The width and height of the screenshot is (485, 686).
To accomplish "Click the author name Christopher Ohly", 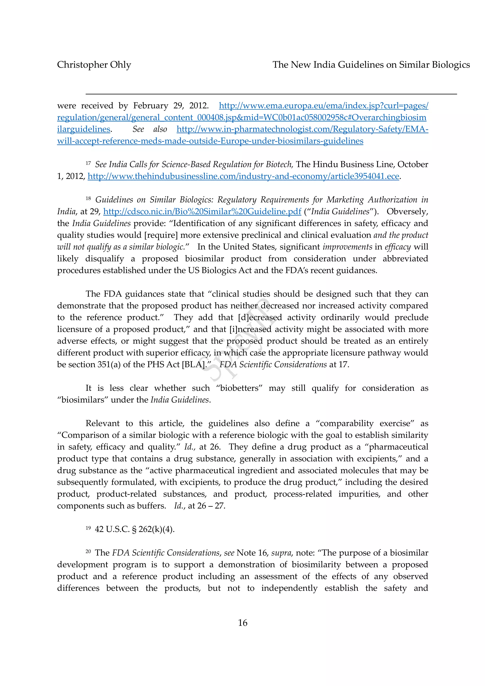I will tap(94, 65).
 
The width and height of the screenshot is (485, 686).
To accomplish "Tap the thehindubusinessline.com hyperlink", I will tap(243, 176).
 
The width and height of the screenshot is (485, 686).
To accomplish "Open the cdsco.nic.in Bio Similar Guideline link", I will tap(202, 212).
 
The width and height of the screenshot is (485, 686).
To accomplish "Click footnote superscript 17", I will tap(88, 163).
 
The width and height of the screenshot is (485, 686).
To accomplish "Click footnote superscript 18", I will tap(88, 198).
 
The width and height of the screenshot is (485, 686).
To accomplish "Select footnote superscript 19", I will tap(88, 528).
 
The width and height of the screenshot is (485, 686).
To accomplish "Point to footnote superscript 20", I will tap(88, 551).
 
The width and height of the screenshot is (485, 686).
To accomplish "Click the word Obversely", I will tap(407, 212).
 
